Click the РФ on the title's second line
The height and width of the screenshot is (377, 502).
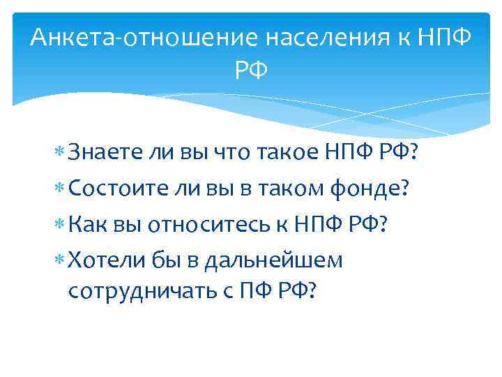click(250, 71)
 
